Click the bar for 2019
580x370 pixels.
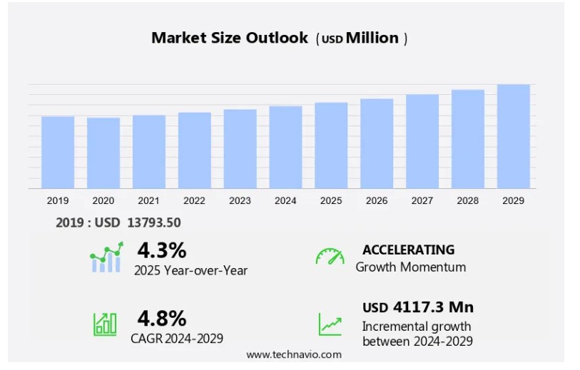[58, 152]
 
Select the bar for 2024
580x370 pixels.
[285, 147]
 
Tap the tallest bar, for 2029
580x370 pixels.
[514, 136]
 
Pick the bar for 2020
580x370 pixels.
[103, 153]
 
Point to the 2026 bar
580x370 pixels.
[377, 143]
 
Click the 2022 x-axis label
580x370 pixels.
[194, 201]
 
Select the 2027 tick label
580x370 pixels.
[422, 201]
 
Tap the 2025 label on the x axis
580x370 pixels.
[331, 201]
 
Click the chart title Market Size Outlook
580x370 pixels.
[230, 38]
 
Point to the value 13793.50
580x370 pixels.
[154, 222]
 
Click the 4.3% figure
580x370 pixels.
[162, 250]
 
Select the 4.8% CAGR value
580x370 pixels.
[162, 318]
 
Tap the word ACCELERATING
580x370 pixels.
[408, 250]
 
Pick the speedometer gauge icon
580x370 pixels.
[330, 257]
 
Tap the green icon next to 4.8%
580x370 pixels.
[106, 324]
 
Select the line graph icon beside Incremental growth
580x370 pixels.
[330, 324]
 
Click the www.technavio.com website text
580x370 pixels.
[294, 354]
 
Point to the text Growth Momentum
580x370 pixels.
[411, 267]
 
